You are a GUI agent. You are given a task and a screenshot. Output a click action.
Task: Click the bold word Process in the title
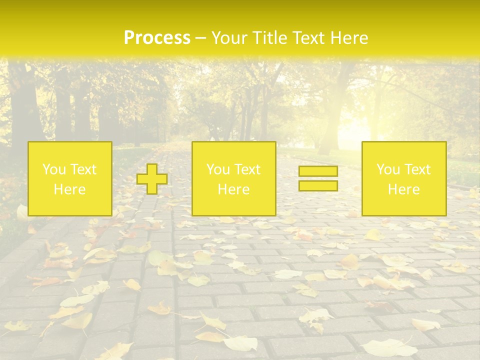[157, 38]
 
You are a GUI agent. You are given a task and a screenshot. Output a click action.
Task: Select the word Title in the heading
[269, 38]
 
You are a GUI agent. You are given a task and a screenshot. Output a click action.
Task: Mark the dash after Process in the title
[200, 39]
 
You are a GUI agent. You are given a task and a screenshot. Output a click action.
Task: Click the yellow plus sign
[152, 179]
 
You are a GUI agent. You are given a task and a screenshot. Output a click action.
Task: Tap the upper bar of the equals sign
[318, 171]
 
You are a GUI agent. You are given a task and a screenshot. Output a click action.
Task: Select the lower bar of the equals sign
[318, 186]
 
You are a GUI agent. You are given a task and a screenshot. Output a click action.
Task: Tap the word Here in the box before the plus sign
[69, 189]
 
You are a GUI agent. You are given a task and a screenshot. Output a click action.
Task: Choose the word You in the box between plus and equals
[217, 169]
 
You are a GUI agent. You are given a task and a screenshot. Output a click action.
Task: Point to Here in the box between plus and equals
[233, 189]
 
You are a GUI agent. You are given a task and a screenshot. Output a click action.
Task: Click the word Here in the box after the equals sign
[403, 189]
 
